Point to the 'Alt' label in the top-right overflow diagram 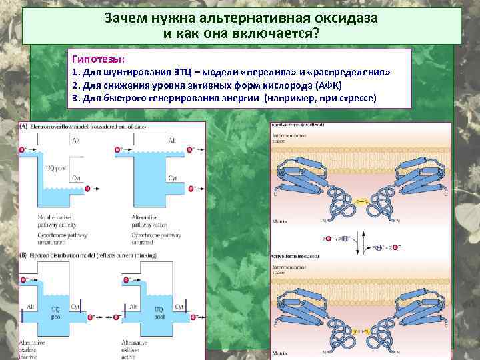(172, 141)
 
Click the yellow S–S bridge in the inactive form (361, 201)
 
